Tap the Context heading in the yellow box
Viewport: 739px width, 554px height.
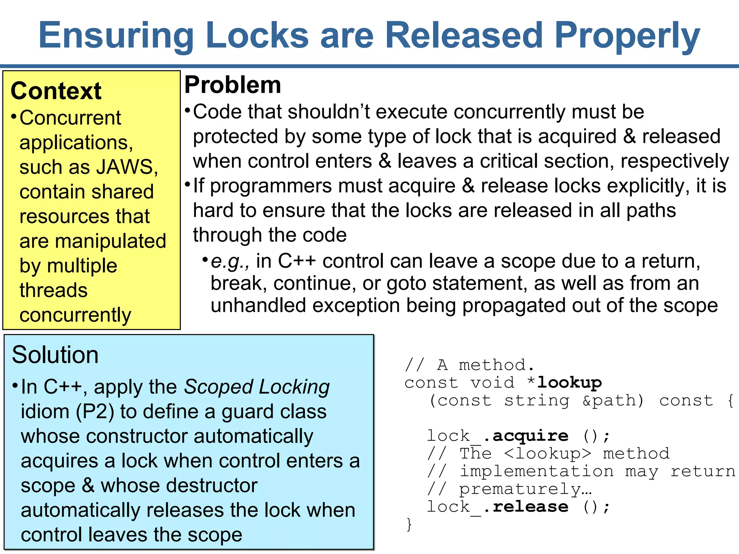(56, 91)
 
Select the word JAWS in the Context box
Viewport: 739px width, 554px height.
(119, 167)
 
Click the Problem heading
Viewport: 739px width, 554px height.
(233, 85)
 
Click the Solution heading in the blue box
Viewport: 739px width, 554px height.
(55, 355)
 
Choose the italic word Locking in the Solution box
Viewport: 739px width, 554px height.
(294, 387)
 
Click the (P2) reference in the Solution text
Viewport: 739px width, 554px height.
(95, 412)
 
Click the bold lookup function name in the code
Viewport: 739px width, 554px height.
(569, 383)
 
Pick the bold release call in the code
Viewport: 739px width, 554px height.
(530, 507)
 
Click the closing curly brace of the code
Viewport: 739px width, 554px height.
(409, 524)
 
